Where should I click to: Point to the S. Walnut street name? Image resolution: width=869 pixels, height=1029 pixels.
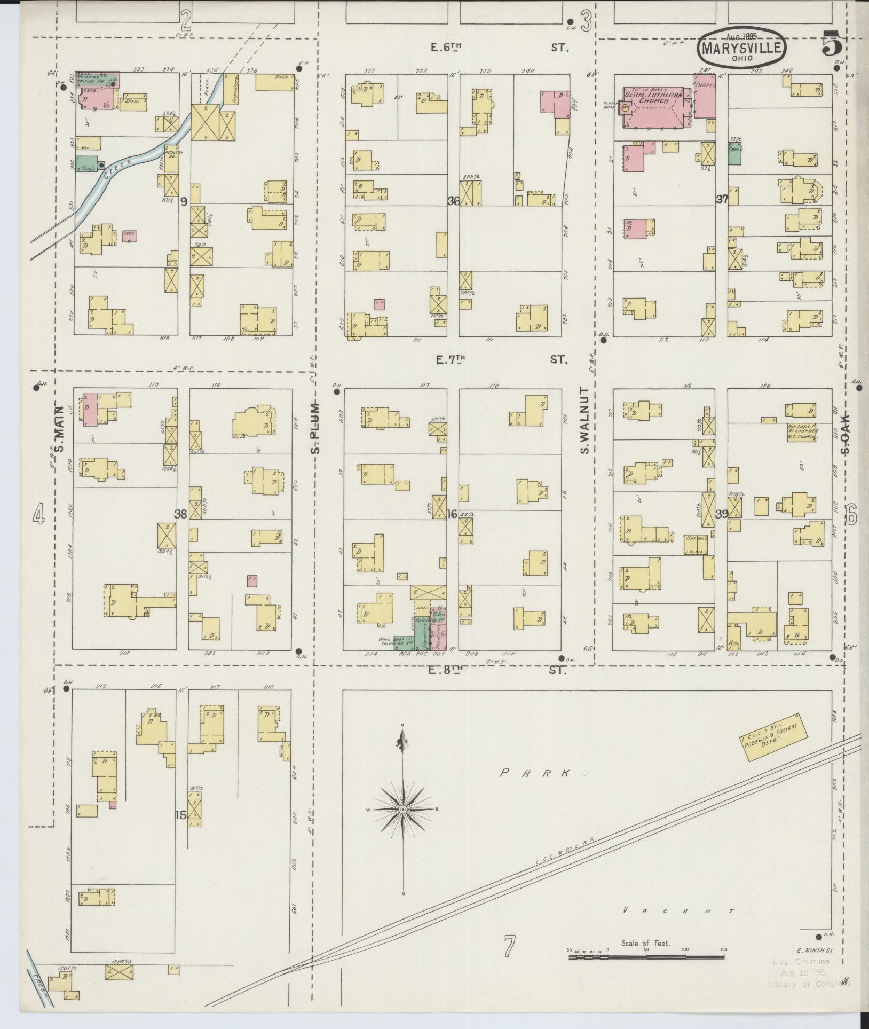(x=585, y=421)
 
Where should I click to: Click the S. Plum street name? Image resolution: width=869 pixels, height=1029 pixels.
(x=316, y=427)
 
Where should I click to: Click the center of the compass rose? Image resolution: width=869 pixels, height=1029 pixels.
(x=403, y=825)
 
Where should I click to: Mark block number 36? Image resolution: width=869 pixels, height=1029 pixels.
(x=454, y=201)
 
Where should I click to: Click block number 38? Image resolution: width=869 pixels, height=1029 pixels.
(x=181, y=514)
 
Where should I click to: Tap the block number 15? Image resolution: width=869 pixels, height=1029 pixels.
(x=180, y=830)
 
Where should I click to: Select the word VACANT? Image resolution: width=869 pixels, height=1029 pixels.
(x=678, y=912)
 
